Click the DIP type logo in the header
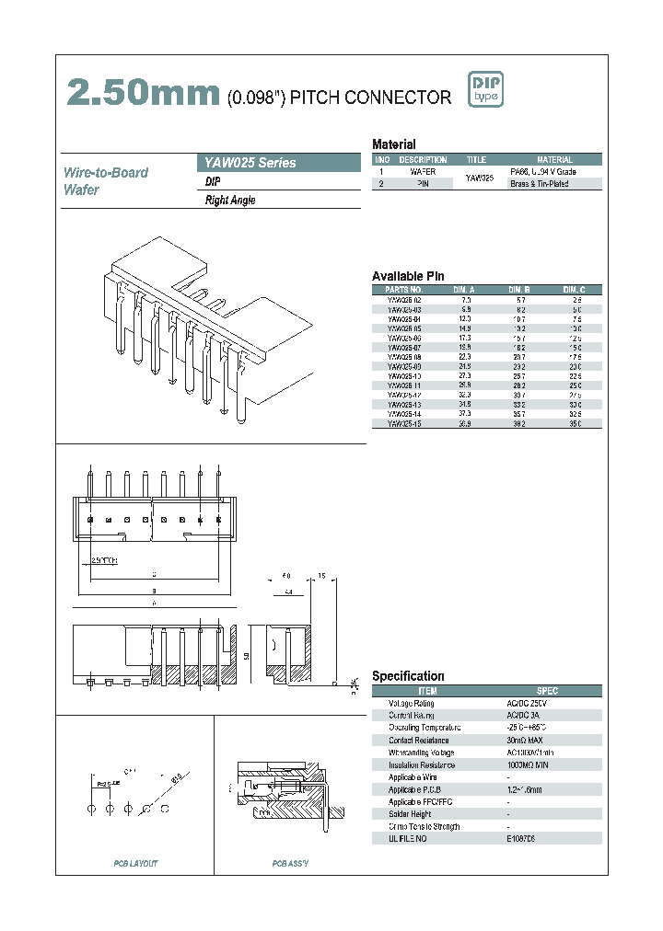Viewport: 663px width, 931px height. (486, 89)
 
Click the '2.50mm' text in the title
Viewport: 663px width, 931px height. (142, 93)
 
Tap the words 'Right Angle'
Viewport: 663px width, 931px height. (230, 200)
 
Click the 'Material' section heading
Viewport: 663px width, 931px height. (394, 144)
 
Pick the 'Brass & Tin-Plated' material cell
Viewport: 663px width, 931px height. (540, 184)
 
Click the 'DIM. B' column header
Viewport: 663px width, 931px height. (518, 289)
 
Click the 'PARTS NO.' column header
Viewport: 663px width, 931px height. (403, 289)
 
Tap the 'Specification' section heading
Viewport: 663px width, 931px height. (408, 676)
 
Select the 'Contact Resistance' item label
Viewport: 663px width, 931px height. (419, 740)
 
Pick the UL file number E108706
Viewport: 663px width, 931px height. (521, 838)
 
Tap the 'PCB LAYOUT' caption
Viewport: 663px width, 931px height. (135, 863)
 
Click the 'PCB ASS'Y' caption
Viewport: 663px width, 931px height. (290, 863)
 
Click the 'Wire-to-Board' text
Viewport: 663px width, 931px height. (106, 172)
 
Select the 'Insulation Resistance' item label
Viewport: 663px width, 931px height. (422, 764)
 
